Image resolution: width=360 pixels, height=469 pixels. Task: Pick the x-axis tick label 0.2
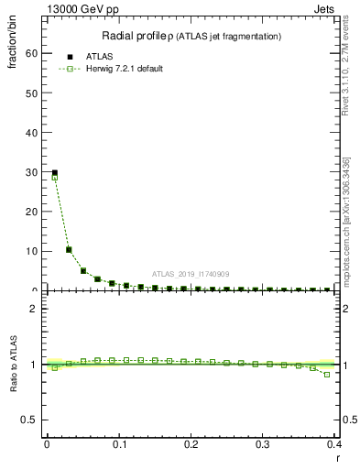pos(191,444)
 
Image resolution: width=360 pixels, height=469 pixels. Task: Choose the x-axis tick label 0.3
pos(263,444)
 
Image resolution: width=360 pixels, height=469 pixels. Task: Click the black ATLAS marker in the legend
pos(71,57)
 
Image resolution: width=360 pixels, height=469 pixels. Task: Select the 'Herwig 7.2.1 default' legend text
pos(124,69)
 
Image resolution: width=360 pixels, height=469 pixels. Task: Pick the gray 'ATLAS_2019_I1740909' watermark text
pos(191,274)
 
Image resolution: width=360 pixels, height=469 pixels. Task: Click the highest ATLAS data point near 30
pos(55,172)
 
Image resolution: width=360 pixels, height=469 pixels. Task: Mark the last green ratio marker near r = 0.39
pos(327,375)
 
